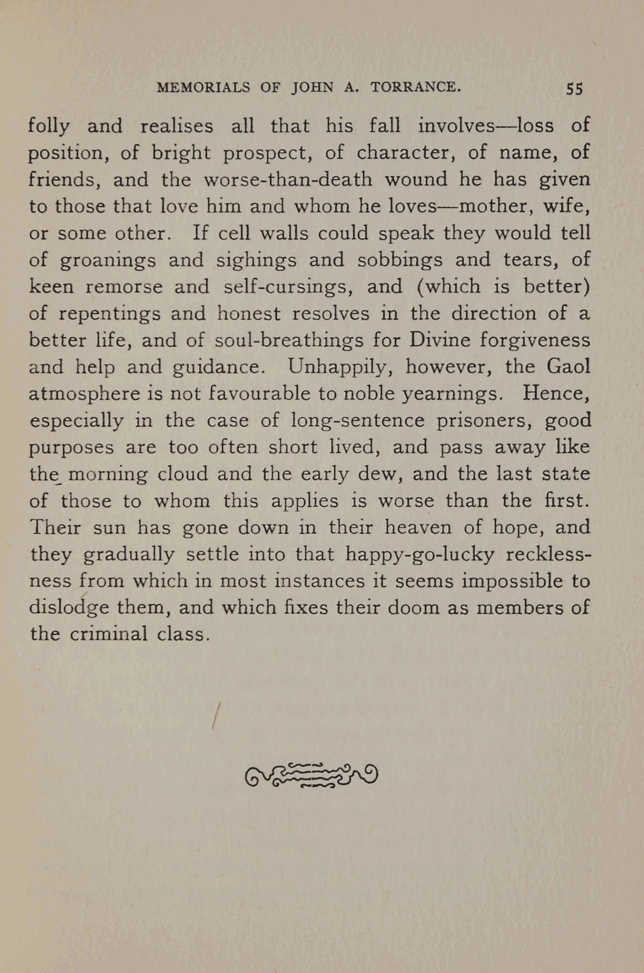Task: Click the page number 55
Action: click(x=575, y=88)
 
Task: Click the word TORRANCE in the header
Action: click(x=416, y=87)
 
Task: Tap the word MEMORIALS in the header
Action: click(x=203, y=87)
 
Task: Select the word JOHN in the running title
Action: click(x=313, y=87)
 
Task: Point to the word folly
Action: click(x=49, y=126)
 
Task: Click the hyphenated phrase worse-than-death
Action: click(x=288, y=179)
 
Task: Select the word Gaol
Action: click(x=568, y=366)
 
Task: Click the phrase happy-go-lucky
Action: click(x=420, y=554)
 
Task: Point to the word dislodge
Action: click(x=69, y=608)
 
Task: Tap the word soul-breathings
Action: click(x=289, y=340)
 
